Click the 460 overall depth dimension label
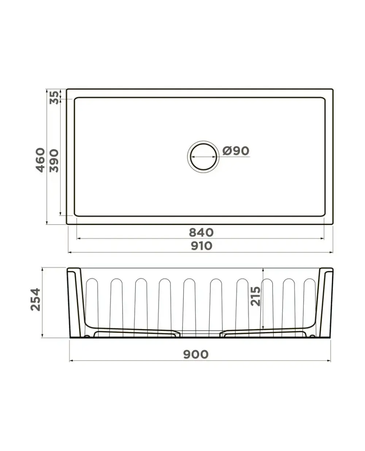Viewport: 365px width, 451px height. click(x=40, y=160)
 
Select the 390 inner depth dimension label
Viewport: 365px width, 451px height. click(x=54, y=161)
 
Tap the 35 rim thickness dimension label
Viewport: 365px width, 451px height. click(x=54, y=98)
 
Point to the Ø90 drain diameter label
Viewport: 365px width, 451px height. click(x=236, y=151)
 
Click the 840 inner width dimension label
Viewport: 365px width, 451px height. click(x=201, y=232)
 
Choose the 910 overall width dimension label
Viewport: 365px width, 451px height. click(x=201, y=246)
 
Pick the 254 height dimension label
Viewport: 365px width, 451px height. click(x=35, y=299)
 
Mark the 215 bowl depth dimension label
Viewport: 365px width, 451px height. click(x=255, y=296)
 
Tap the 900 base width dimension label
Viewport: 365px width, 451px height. click(x=196, y=354)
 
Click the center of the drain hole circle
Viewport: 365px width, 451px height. click(x=204, y=157)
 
